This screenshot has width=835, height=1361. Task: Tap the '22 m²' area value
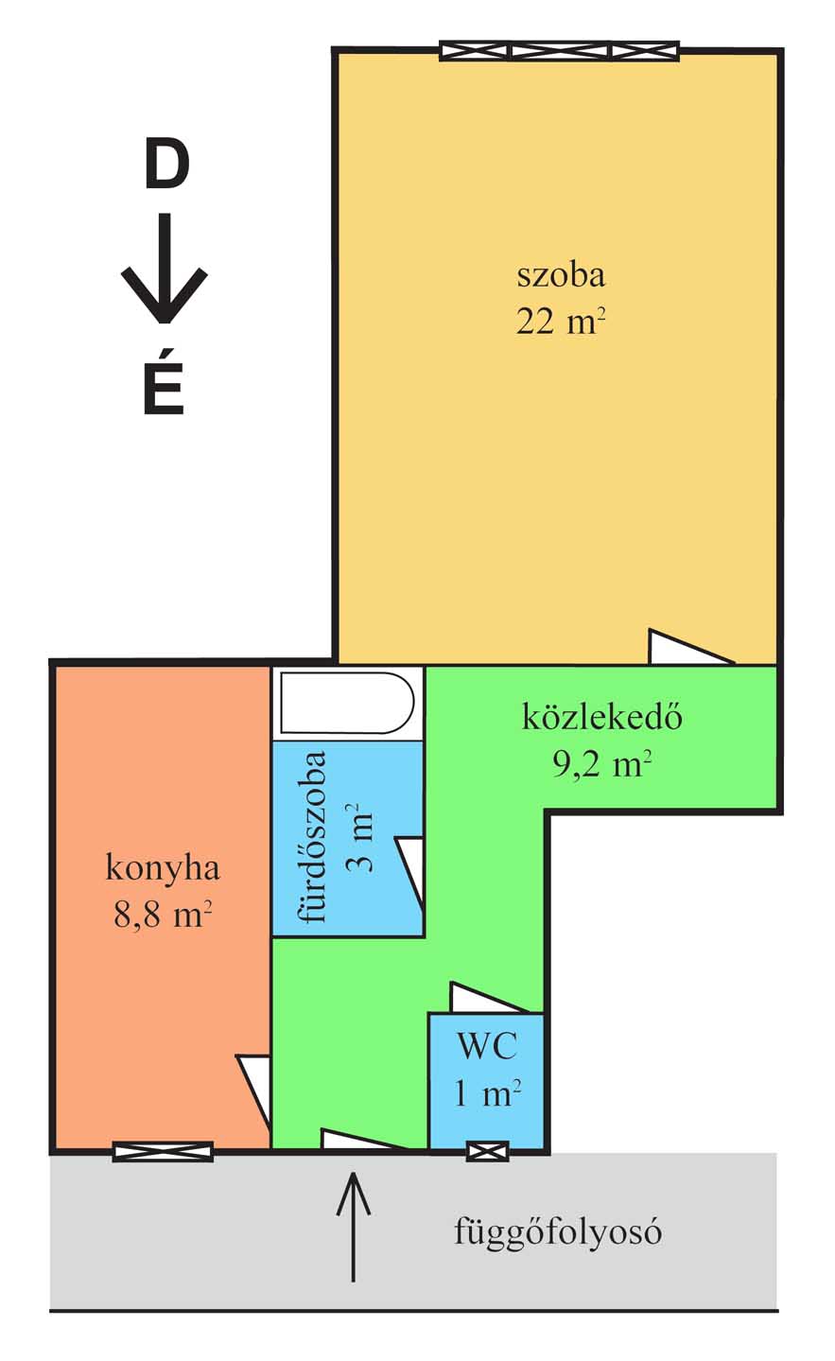pos(561,321)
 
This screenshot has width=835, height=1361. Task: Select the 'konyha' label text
pos(162,869)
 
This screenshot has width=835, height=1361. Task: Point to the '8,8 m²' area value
pos(162,914)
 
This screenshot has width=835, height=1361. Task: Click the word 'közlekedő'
pos(601,717)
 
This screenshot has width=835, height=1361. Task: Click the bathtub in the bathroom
pos(347,703)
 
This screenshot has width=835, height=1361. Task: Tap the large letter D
pos(166,166)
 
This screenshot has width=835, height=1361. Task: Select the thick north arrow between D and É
pos(164,268)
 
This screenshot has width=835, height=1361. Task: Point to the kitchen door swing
pos(253,1091)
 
